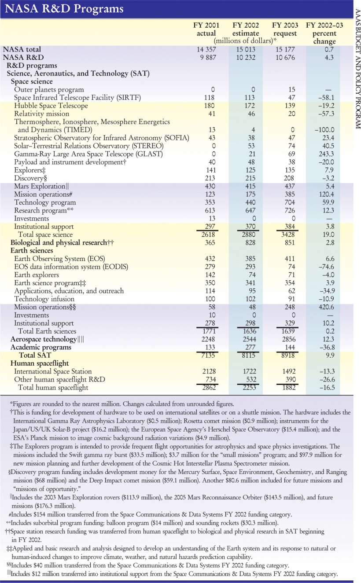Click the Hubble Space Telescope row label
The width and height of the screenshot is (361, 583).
tap(51, 106)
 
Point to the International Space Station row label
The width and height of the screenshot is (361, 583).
tap(53, 371)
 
